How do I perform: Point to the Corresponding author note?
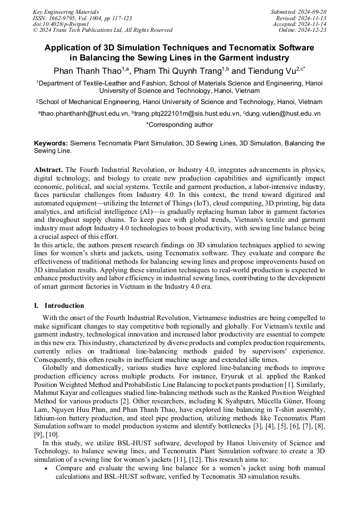point(179,125)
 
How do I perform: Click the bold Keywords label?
point(50,143)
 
